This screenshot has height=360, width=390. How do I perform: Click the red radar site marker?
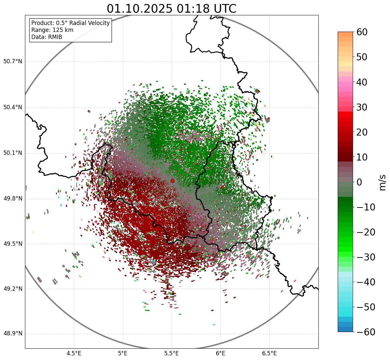172,181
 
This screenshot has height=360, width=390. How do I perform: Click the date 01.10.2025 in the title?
140,9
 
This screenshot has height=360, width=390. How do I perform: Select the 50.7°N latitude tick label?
13,61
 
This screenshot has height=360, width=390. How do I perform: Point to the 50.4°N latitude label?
13,107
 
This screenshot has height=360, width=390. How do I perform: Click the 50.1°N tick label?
13,153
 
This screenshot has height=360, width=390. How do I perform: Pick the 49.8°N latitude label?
13,198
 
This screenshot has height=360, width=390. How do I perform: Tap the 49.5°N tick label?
13,244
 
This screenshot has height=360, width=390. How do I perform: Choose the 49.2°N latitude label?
13,289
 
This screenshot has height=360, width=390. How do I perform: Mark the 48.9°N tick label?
13,334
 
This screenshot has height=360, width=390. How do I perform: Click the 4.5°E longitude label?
74,353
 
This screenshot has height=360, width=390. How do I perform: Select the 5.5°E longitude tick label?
172,353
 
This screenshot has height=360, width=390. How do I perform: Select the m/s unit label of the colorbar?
383,182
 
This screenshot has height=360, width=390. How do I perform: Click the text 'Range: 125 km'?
52,30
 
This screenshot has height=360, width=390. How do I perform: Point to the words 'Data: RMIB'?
47,37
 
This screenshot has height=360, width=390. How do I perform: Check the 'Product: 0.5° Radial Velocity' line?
70,23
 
